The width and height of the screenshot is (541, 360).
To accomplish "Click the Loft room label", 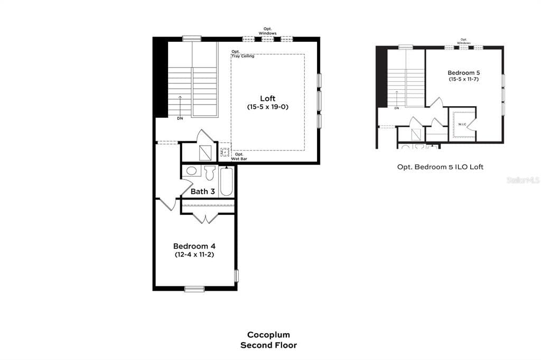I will pyautogui.click(x=267, y=99).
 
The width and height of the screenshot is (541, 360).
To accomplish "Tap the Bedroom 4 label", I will pyautogui.click(x=194, y=246).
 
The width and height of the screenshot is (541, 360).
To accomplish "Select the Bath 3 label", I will pyautogui.click(x=202, y=192).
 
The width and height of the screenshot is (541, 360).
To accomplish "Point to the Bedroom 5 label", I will pyautogui.click(x=463, y=72).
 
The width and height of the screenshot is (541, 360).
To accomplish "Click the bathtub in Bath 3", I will pyautogui.click(x=226, y=183).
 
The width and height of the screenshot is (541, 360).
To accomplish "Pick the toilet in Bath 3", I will pyautogui.click(x=210, y=172).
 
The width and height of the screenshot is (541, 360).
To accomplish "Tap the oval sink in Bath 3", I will pyautogui.click(x=192, y=172).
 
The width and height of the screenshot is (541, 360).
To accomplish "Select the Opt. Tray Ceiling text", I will pyautogui.click(x=242, y=54).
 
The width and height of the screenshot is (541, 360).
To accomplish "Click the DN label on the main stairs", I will pyautogui.click(x=180, y=118).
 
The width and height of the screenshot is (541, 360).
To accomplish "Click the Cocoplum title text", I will pyautogui.click(x=268, y=335).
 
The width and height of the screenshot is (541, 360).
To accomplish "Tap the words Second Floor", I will pyautogui.click(x=268, y=345).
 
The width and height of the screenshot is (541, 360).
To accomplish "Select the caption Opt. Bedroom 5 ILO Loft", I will pyautogui.click(x=440, y=167).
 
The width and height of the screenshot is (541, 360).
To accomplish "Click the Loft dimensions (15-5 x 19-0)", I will pyautogui.click(x=267, y=107).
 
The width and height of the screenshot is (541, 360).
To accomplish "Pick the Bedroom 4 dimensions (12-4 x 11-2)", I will pyautogui.click(x=194, y=254).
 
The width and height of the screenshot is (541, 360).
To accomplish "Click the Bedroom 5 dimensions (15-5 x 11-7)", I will pyautogui.click(x=463, y=79).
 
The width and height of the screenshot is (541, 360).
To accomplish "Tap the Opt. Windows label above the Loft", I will pyautogui.click(x=267, y=31).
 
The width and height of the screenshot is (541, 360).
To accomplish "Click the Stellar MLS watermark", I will pyautogui.click(x=523, y=180).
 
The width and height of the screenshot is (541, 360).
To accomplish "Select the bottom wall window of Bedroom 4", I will pyautogui.click(x=194, y=289).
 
